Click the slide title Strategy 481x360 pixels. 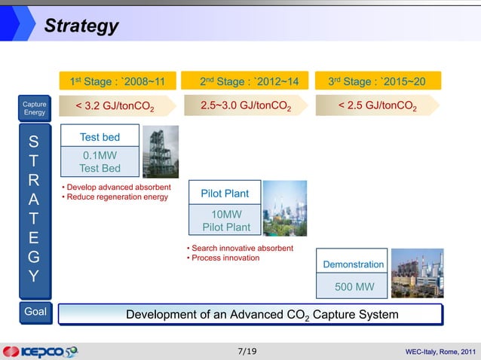81,26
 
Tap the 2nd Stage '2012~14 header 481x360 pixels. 249,81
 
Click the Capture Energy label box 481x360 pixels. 35,108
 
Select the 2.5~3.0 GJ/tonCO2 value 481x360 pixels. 249,107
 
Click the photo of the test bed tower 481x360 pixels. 160,151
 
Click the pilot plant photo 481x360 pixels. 284,208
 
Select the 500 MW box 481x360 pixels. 352,287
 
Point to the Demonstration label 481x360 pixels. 352,264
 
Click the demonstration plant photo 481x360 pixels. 417,273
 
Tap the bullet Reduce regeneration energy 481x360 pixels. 116,197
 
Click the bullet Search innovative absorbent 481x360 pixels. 239,248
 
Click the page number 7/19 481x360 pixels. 246,351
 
